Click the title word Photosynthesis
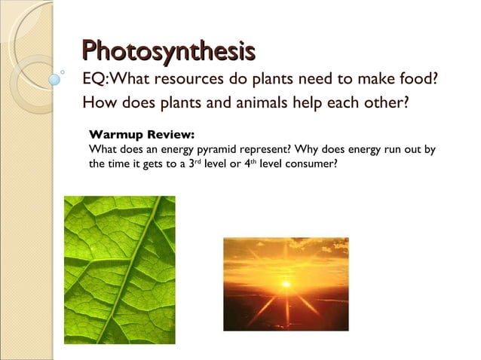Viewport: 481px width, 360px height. tap(168, 52)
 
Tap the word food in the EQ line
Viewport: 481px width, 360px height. tap(420, 78)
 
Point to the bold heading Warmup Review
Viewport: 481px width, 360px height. tap(141, 136)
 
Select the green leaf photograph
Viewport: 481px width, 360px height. tap(119, 270)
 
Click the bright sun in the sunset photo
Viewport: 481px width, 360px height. tap(286, 284)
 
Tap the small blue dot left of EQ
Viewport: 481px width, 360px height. tap(54, 77)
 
